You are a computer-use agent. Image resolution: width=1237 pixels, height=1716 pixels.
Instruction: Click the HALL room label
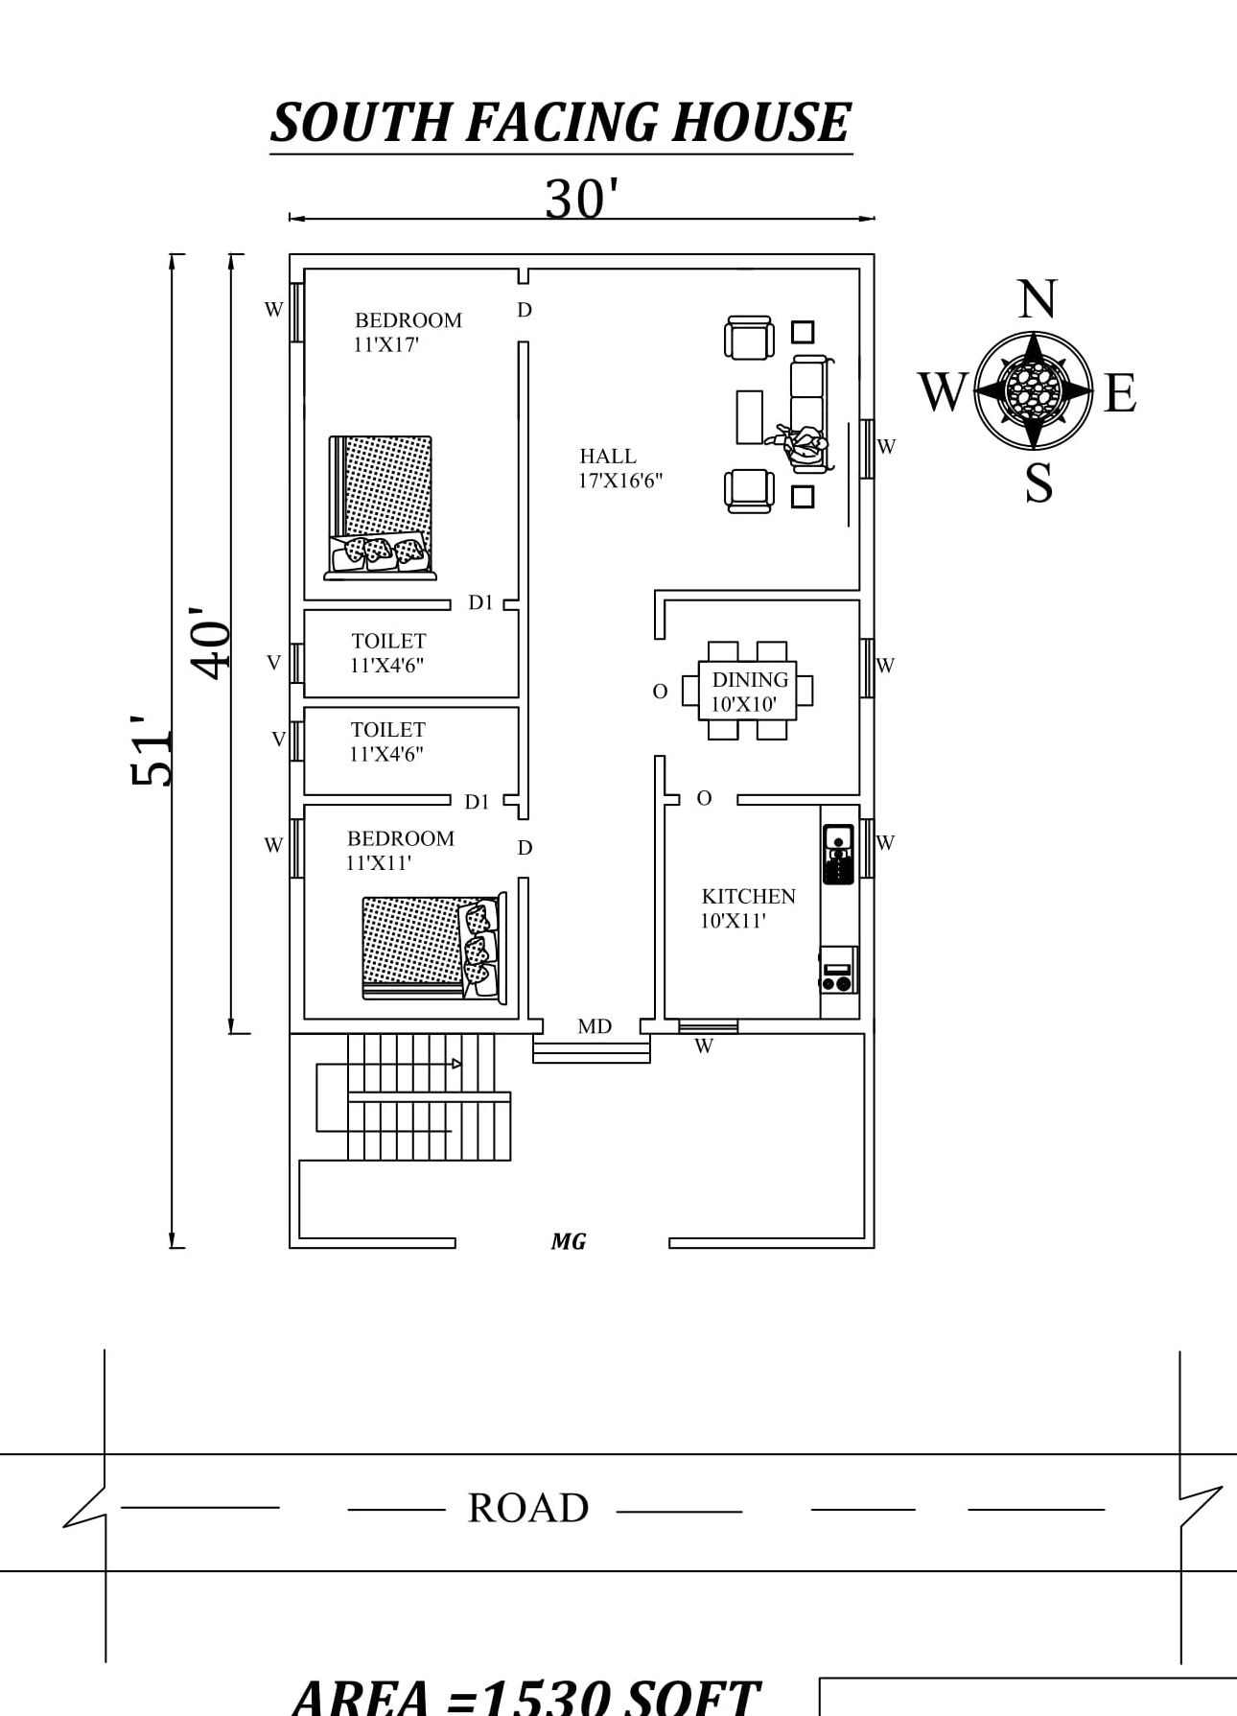pyautogui.click(x=607, y=457)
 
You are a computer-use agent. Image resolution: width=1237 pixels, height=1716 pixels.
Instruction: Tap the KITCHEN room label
pyautogui.click(x=748, y=896)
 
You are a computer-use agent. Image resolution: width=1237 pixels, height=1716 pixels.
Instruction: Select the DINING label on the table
pyautogui.click(x=750, y=679)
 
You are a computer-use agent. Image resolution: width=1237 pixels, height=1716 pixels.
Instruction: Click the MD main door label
pyautogui.click(x=595, y=1026)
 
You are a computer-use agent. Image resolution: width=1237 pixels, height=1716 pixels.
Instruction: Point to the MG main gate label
pyautogui.click(x=569, y=1241)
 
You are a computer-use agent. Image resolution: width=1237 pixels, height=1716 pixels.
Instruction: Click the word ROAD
pyautogui.click(x=527, y=1508)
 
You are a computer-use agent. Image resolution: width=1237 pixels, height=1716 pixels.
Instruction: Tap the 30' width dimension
pyautogui.click(x=581, y=200)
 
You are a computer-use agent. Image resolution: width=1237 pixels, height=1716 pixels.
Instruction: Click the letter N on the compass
pyautogui.click(x=1037, y=299)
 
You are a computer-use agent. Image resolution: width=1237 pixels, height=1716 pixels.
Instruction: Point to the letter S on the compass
pyautogui.click(x=1039, y=482)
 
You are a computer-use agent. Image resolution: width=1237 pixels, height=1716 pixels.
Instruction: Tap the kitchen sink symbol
pyautogui.click(x=838, y=854)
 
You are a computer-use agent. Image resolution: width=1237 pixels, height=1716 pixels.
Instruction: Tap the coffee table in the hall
pyautogui.click(x=749, y=416)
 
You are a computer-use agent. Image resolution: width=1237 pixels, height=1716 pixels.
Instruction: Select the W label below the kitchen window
pyautogui.click(x=704, y=1046)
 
